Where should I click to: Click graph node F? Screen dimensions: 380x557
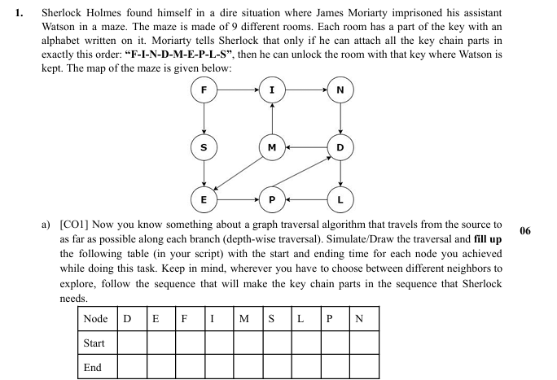pyautogui.click(x=204, y=90)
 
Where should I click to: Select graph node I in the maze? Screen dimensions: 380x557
pyautogui.click(x=272, y=90)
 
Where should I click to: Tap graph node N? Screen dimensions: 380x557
pyautogui.click(x=340, y=90)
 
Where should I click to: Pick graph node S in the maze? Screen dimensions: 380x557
pyautogui.click(x=204, y=147)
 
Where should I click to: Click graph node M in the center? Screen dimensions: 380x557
pyautogui.click(x=272, y=147)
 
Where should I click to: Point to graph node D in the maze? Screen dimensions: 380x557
pyautogui.click(x=340, y=147)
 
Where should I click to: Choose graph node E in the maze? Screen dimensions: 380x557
pyautogui.click(x=204, y=198)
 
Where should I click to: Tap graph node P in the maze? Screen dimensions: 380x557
pyautogui.click(x=272, y=198)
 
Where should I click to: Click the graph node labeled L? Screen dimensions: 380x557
pyautogui.click(x=340, y=198)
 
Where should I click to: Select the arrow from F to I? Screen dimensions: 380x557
pyautogui.click(x=238, y=90)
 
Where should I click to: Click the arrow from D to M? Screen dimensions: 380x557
pyautogui.click(x=306, y=147)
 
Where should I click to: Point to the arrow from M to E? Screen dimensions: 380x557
pyautogui.click(x=238, y=173)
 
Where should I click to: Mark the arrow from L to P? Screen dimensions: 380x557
pyautogui.click(x=306, y=198)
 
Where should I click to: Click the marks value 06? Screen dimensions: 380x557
pyautogui.click(x=524, y=231)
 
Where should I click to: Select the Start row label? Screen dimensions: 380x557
pyautogui.click(x=94, y=343)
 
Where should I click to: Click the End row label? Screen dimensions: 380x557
pyautogui.click(x=93, y=367)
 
